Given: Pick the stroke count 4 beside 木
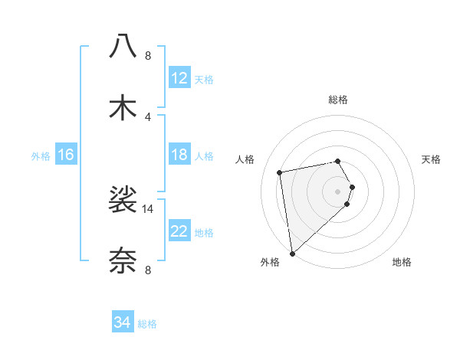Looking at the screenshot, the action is [148, 116].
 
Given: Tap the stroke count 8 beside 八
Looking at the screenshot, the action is [148, 55].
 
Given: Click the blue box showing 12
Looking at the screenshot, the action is [179, 77].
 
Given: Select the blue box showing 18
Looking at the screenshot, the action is [179, 155].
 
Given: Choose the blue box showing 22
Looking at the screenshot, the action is [179, 231].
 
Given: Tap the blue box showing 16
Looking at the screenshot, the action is [66, 155].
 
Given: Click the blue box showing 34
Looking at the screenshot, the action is [122, 322].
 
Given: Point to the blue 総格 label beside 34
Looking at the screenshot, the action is [147, 324].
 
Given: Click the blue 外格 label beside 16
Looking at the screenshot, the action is [41, 156].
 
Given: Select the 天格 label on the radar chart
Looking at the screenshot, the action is [431, 159].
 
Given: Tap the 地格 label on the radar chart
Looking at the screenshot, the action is [402, 262].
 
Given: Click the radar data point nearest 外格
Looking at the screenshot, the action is [292, 253].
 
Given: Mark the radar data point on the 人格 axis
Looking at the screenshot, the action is [280, 172].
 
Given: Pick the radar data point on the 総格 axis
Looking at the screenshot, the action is [337, 161].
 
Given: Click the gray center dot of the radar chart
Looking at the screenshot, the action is [337, 190].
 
